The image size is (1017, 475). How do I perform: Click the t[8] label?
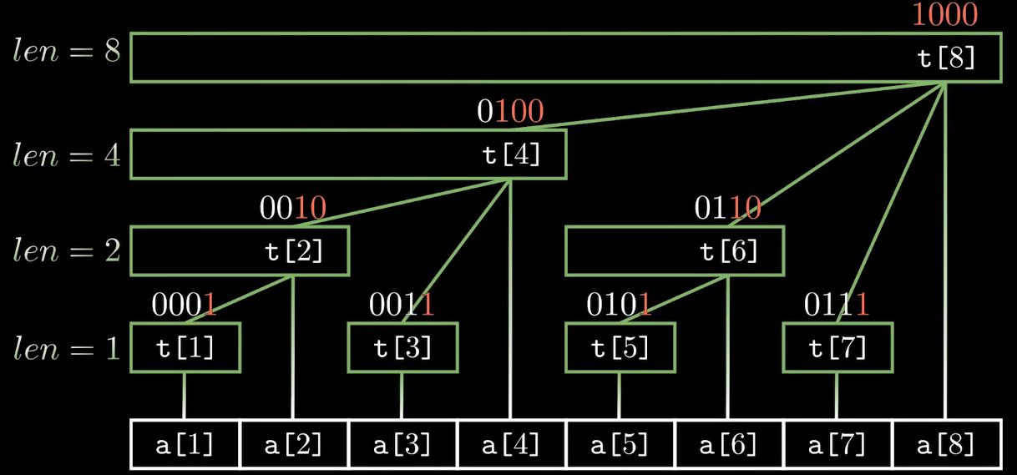click(946, 58)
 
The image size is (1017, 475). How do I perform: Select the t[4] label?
click(512, 155)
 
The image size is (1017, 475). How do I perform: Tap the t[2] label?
click(294, 251)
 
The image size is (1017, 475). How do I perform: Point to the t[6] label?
click(729, 251)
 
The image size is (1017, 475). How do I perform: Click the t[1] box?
click(185, 347)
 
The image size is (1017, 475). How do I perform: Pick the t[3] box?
click(402, 347)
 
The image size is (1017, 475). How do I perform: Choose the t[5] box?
click(620, 347)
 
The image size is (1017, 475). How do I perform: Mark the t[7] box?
click(837, 347)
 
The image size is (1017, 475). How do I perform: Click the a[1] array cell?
click(185, 444)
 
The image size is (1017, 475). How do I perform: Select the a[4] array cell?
click(512, 444)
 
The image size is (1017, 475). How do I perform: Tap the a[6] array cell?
click(729, 444)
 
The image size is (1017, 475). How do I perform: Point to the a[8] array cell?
click(946, 444)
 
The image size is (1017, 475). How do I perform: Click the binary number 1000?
click(944, 15)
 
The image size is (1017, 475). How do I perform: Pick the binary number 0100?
click(510, 111)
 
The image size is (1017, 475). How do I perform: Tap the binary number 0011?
click(402, 305)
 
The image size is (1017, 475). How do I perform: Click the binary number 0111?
click(837, 305)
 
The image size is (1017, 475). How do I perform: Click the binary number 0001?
click(184, 305)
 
